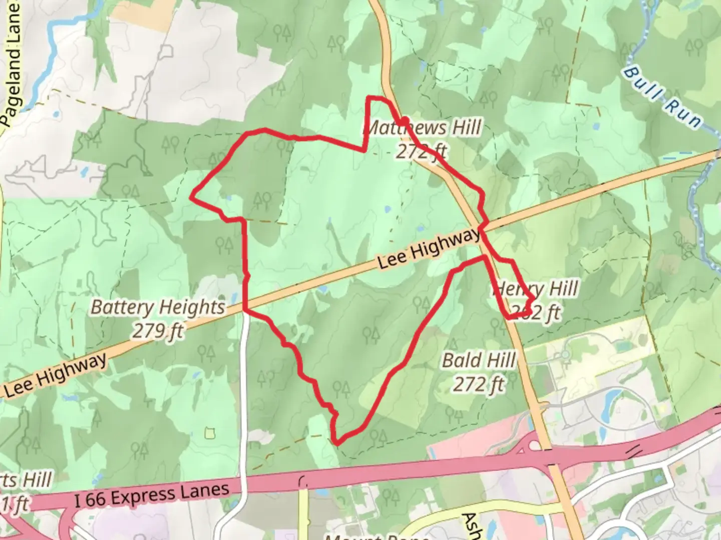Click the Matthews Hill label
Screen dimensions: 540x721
pos(422,128)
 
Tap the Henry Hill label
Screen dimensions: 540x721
pos(536,289)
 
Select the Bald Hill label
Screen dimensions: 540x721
pos(479,360)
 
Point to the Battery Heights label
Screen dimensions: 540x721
pos(158,307)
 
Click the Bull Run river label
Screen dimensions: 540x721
pos(662,97)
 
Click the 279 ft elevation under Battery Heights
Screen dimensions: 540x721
pos(158,330)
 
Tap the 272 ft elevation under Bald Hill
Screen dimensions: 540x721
pos(479,384)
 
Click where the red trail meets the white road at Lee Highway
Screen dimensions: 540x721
pos(245,310)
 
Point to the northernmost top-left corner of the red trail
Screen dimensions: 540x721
pos(370,98)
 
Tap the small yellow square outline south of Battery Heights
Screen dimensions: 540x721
pos(210,432)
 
